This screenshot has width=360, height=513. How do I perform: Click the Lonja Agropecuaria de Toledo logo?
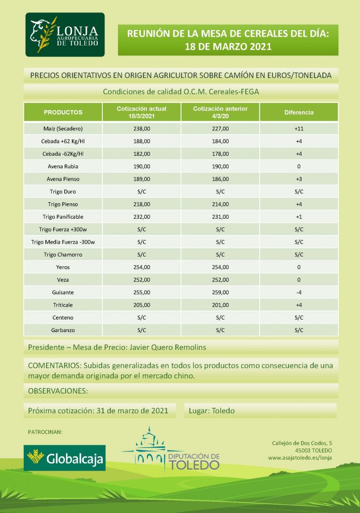pos(65,35)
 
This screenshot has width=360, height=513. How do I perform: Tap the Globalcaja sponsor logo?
pos(65,458)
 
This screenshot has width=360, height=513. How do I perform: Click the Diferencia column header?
pos(298,112)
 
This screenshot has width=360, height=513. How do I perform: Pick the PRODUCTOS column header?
pos(63,112)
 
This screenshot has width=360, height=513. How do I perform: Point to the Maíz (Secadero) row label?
pos(63,128)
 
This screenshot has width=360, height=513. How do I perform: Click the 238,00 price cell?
pos(142,128)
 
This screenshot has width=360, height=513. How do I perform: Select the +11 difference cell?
pos(298,128)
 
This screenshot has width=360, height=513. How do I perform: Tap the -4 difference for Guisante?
pos(298,292)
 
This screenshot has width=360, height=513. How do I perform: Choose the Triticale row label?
pos(63,305)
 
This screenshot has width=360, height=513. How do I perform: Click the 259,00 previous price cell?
pos(220,292)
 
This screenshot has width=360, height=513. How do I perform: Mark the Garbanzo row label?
pos(63,329)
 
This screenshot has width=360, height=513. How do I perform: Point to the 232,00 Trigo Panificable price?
pos(142,217)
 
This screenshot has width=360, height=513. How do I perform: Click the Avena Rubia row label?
pos(63,166)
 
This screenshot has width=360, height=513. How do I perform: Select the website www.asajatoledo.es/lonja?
pos(300,458)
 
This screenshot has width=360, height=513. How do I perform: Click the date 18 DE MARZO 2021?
pos(228,47)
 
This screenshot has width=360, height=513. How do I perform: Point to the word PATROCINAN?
pos(44,431)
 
